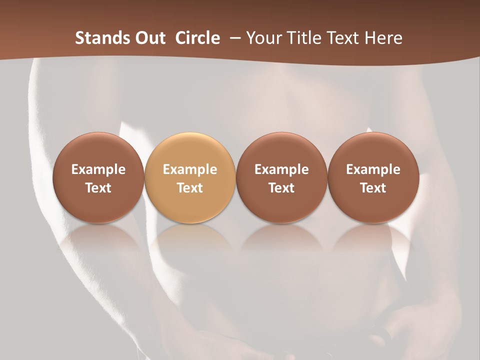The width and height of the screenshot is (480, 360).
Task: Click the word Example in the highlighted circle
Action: tap(190, 169)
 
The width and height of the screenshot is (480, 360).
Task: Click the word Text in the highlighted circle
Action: tap(190, 188)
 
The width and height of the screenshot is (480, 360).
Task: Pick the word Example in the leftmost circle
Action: tap(98, 169)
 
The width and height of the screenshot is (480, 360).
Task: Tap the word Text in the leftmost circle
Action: tap(98, 188)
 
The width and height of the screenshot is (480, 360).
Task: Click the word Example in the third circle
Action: tap(281, 169)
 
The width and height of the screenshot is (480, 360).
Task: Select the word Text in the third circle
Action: tap(281, 188)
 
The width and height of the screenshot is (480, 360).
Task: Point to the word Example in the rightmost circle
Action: tap(373, 169)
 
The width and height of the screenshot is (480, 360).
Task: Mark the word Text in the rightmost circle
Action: tap(373, 188)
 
